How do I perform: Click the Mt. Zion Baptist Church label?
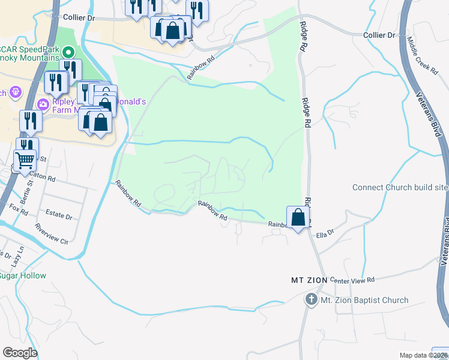[364, 300]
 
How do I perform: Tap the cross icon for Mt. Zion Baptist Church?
[312, 299]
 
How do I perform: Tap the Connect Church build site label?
[400, 187]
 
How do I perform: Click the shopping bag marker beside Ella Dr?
[298, 218]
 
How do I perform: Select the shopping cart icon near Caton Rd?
[25, 161]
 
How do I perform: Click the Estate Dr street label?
[59, 215]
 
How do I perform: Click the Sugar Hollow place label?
[23, 275]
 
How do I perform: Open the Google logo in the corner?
[20, 352]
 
